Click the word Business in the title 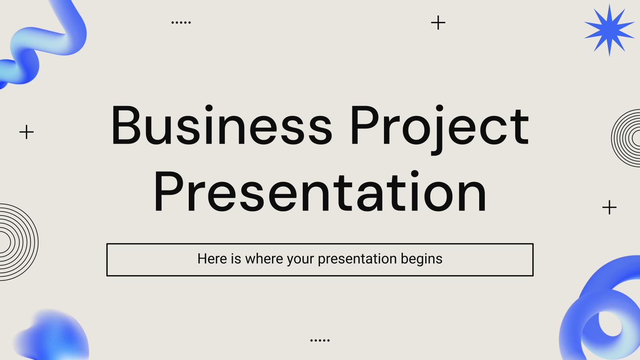[221, 126]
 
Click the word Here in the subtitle [212, 259]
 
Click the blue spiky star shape [609, 30]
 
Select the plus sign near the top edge [438, 23]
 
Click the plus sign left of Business [26, 132]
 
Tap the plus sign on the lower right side [609, 207]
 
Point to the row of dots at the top [181, 22]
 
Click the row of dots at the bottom [320, 340]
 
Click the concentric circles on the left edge [16, 242]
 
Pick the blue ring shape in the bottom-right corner [600, 316]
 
